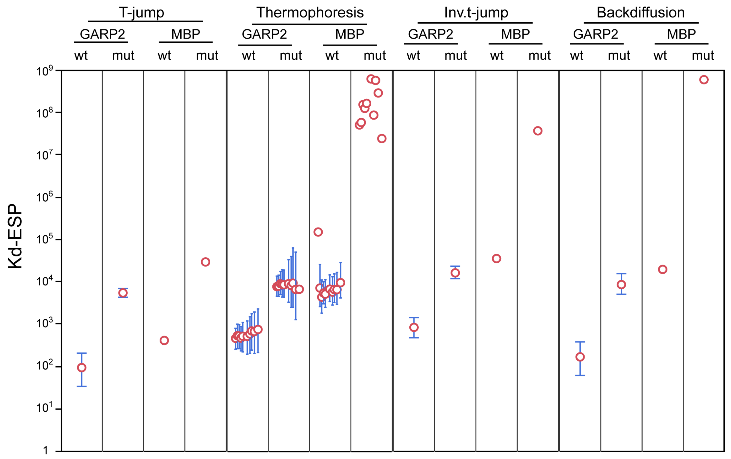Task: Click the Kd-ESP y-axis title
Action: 15,236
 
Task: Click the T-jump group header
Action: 141,13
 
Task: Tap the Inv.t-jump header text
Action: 476,13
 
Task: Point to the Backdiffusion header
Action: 641,13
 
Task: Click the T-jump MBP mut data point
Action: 206,262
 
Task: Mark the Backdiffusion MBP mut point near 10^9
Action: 704,80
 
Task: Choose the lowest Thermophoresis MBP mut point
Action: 382,139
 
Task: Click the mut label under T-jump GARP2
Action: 123,55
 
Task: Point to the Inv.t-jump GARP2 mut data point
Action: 455,273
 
